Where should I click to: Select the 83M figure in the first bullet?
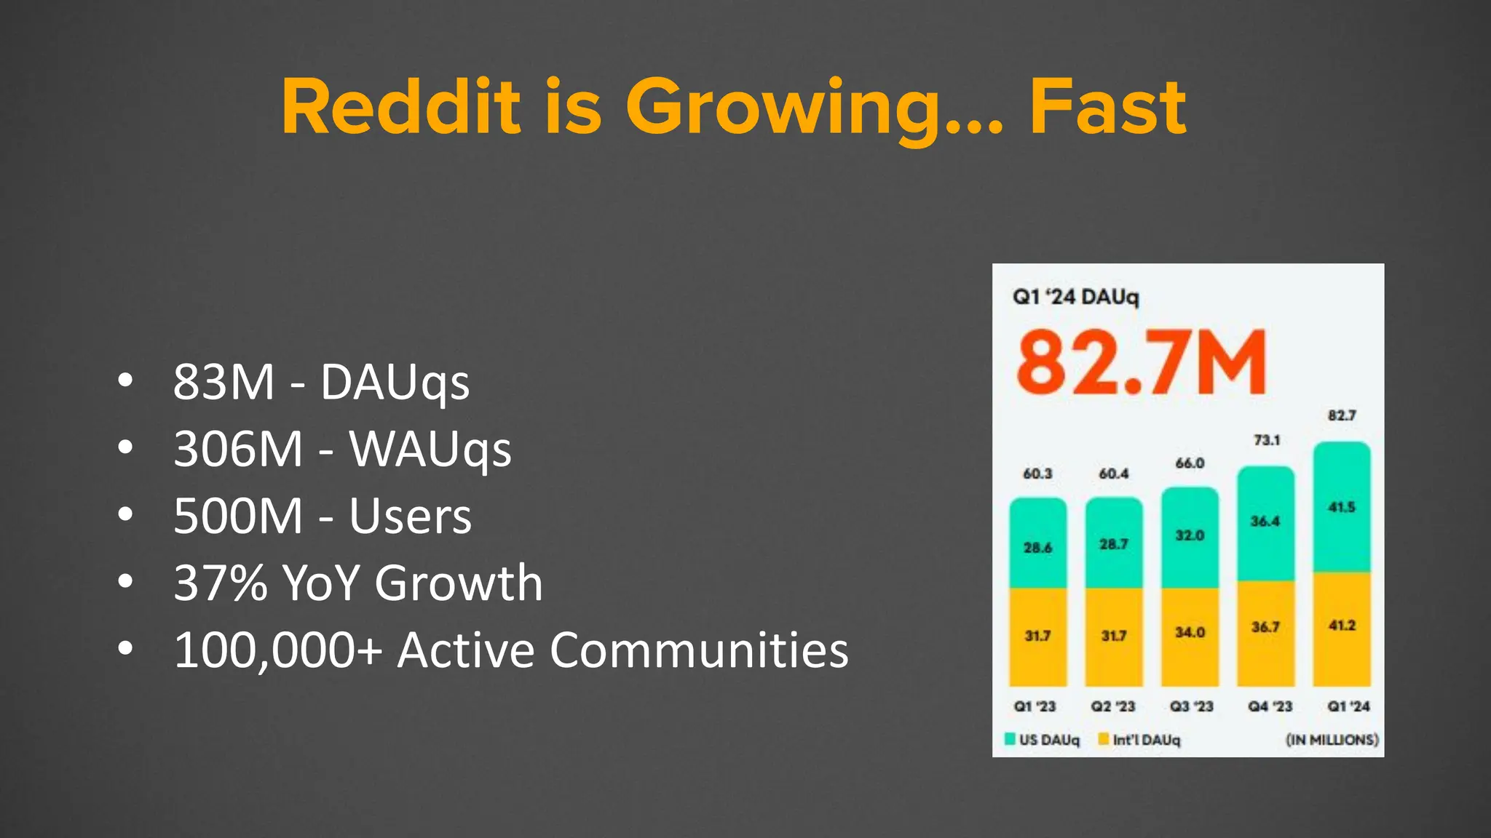[224, 382]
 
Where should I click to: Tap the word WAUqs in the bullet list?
[430, 449]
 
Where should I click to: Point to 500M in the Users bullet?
[238, 516]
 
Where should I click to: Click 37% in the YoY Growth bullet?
[221, 583]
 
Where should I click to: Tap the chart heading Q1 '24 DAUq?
[1075, 297]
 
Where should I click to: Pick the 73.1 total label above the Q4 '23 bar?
[1266, 440]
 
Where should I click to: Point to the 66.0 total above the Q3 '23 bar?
[1190, 463]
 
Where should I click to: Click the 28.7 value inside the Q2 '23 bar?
[1113, 544]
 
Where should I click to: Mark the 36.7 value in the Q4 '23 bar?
[1265, 627]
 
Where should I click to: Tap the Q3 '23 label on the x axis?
[1191, 706]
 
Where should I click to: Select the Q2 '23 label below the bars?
[1112, 706]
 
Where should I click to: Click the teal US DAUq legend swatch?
[1010, 739]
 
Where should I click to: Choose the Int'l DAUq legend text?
[1146, 740]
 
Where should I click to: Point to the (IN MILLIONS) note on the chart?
[1332, 740]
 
